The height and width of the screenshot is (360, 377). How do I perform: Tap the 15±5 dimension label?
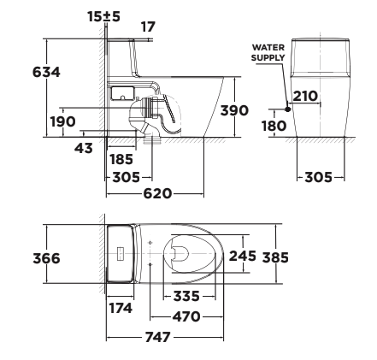tap(104, 15)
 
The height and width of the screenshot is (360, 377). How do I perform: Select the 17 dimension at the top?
tap(148, 27)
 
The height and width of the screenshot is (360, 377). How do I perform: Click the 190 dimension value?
tap(62, 121)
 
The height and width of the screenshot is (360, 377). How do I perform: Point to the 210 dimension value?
tap(305, 96)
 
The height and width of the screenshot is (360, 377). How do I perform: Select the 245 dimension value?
tap(242, 255)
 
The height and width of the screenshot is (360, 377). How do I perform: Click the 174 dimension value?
tap(120, 306)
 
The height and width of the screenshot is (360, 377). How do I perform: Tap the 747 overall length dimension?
tap(158, 337)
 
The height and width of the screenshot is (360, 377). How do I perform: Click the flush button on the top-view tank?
tap(121, 254)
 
